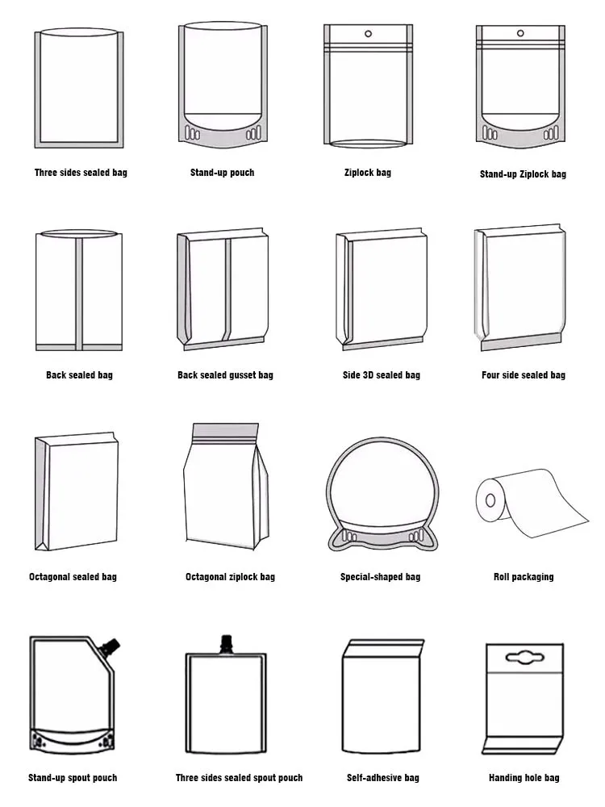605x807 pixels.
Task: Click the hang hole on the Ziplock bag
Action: [368, 34]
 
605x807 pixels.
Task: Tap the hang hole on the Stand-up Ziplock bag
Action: [519, 35]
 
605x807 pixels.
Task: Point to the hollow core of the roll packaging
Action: [489, 498]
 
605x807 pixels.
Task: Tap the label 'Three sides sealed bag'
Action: [81, 173]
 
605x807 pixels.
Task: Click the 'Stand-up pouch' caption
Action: [222, 173]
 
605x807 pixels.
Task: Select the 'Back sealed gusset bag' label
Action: [225, 375]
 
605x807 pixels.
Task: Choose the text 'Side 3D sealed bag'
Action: [381, 375]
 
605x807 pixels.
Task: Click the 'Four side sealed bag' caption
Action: [523, 375]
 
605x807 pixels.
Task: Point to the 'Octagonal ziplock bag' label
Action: [230, 577]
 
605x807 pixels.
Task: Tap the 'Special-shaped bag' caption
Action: [380, 577]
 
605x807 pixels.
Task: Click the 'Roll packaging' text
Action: [523, 577]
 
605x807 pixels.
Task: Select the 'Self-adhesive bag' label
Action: [383, 778]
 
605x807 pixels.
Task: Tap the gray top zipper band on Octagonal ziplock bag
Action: [225, 431]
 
